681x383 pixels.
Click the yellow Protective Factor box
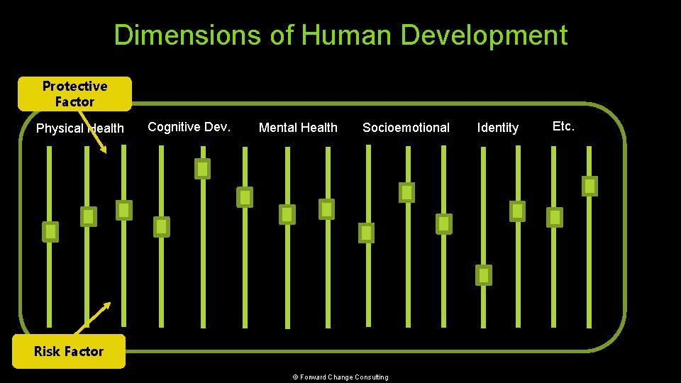[x=74, y=94]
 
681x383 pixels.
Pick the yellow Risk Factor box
[x=69, y=351]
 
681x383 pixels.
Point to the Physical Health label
[x=79, y=128]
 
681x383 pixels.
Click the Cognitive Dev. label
[x=189, y=126]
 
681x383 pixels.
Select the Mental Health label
[x=298, y=128]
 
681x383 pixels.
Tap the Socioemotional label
[x=406, y=128]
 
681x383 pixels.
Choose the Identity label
[x=497, y=128]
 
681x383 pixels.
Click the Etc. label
[x=563, y=126]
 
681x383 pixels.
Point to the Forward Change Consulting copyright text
[x=340, y=377]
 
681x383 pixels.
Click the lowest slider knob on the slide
[x=484, y=274]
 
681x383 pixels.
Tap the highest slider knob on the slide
[x=203, y=169]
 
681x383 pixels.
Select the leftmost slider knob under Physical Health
[x=50, y=231]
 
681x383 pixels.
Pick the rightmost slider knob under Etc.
[x=589, y=186]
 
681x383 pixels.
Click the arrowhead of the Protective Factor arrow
[x=105, y=150]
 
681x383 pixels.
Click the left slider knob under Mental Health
[x=287, y=213]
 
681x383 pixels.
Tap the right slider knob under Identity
[x=518, y=211]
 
